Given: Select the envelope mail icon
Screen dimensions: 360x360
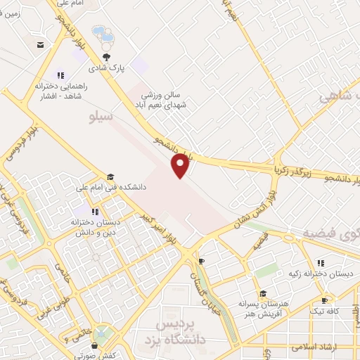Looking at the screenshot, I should point(41,45).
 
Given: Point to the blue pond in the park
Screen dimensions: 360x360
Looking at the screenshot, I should point(103,34).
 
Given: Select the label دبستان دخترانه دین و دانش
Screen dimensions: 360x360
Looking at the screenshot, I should point(95,225).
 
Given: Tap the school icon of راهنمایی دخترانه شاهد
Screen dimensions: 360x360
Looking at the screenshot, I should point(60,75).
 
